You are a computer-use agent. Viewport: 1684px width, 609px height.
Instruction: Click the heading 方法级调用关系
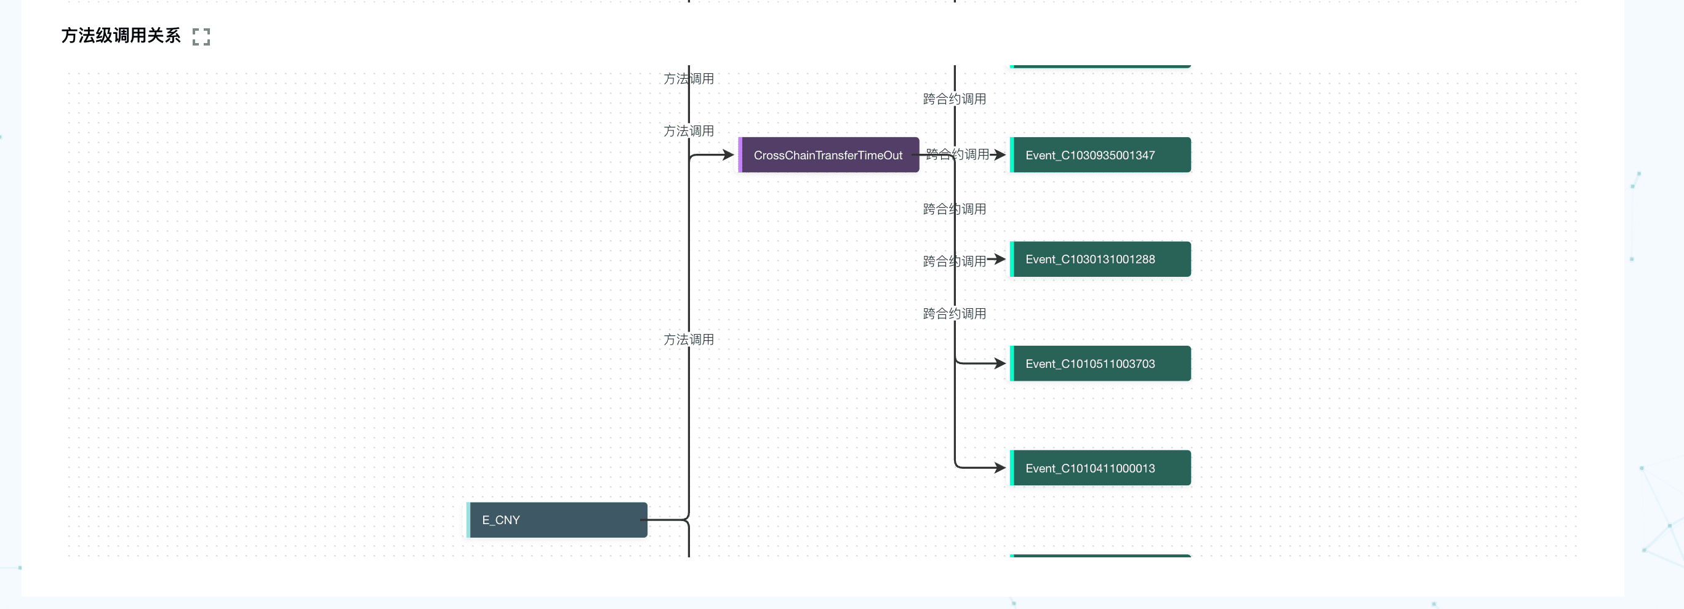(x=121, y=35)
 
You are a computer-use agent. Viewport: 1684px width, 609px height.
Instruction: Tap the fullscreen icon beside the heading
(x=201, y=36)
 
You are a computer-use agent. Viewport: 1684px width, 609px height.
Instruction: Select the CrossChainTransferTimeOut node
(x=828, y=155)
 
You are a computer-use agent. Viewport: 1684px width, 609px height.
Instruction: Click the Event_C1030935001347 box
(x=1101, y=155)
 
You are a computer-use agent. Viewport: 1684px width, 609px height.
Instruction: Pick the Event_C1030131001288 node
(x=1101, y=260)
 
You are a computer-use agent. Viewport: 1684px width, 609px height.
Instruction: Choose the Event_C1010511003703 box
(x=1101, y=364)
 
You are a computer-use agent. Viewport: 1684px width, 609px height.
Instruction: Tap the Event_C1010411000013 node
(x=1101, y=468)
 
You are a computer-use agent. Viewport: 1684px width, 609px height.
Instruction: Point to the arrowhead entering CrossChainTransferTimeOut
(x=728, y=155)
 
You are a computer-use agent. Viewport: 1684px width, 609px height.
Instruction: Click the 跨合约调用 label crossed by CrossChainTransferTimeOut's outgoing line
(x=957, y=154)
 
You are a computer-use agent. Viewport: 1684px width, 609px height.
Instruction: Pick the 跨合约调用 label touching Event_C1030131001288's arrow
(x=955, y=261)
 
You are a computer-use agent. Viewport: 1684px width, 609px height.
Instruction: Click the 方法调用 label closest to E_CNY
(x=688, y=340)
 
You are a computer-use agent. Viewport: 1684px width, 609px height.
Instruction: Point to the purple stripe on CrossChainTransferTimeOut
(x=740, y=155)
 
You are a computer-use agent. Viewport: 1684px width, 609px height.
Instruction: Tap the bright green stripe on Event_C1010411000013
(x=1012, y=468)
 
